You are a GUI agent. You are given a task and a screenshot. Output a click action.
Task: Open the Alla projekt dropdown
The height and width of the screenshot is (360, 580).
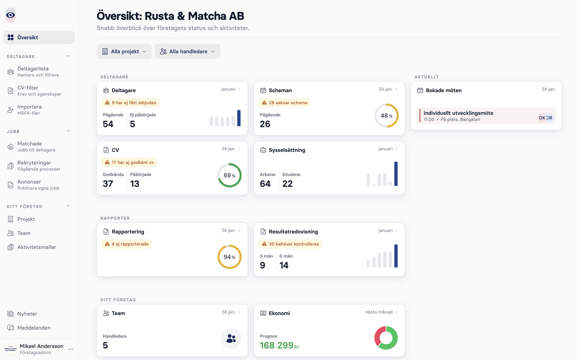(x=124, y=51)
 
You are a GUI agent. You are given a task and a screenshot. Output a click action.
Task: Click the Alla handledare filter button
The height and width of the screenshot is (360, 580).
(x=187, y=51)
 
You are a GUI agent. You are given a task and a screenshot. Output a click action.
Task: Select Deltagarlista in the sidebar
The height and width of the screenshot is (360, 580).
(x=33, y=71)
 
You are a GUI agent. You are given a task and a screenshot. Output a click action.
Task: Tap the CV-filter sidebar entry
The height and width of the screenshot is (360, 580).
(x=28, y=91)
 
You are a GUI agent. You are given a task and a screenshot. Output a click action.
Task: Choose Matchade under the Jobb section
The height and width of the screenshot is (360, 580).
(x=30, y=147)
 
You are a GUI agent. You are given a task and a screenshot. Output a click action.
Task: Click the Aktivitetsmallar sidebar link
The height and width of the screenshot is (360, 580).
(x=36, y=247)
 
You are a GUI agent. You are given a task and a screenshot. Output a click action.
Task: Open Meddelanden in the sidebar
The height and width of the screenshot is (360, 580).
(x=34, y=328)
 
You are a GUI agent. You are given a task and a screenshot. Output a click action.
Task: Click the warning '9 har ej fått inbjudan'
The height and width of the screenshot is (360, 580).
(x=130, y=103)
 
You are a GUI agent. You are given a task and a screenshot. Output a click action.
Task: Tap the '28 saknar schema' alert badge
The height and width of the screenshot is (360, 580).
(x=284, y=103)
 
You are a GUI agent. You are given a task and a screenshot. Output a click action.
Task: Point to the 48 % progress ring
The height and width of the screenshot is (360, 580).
(x=386, y=116)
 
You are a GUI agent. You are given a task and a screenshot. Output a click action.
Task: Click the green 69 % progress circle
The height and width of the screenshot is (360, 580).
(x=229, y=175)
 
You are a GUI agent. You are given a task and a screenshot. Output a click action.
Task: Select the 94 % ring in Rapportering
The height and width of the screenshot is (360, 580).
(x=229, y=257)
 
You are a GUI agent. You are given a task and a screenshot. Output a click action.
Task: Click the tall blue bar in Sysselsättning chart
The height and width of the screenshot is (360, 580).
(x=396, y=174)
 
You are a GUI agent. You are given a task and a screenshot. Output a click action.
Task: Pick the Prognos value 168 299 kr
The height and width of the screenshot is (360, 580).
(x=279, y=345)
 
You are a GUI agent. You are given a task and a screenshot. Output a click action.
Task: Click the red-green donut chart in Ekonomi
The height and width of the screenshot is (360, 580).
(x=386, y=338)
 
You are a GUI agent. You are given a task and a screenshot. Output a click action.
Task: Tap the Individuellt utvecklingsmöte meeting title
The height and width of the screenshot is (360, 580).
(x=458, y=113)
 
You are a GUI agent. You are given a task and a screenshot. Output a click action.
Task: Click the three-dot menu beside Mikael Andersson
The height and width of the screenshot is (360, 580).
(x=71, y=349)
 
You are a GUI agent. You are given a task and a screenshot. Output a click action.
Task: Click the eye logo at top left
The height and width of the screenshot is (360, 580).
(x=11, y=15)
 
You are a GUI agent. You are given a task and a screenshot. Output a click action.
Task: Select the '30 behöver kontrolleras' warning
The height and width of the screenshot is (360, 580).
(x=290, y=244)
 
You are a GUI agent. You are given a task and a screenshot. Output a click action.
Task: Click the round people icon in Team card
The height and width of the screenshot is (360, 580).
(x=231, y=338)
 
